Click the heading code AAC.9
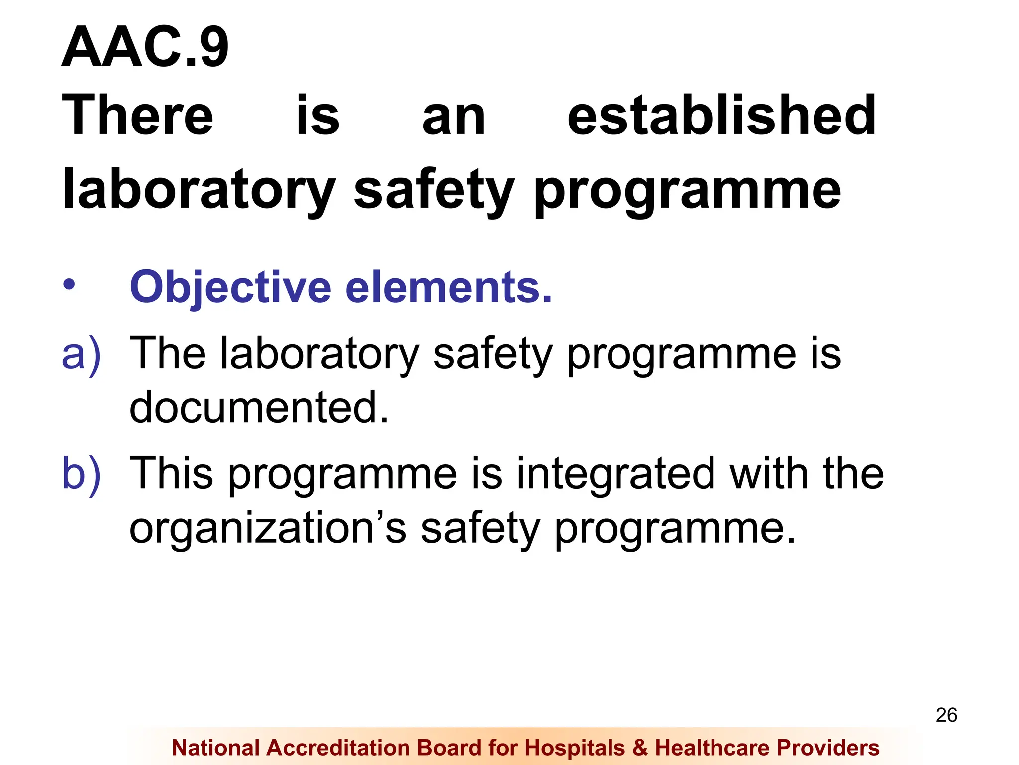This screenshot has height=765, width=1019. [145, 47]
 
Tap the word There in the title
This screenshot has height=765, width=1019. [138, 116]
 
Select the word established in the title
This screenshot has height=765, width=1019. [721, 116]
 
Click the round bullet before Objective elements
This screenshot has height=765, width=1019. [69, 285]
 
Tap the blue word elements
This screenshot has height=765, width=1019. [449, 288]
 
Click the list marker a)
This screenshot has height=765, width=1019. [81, 354]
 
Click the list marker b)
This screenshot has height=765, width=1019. [81, 474]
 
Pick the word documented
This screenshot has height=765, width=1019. [259, 407]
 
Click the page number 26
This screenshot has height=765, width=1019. [946, 715]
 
